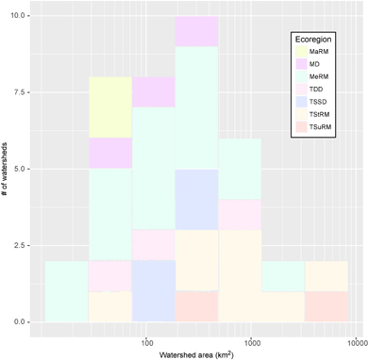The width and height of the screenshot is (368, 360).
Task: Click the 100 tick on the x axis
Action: [x=146, y=335]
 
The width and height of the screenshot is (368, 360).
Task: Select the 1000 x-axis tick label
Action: [x=251, y=335]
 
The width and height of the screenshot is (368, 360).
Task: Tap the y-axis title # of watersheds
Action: [x=7, y=170]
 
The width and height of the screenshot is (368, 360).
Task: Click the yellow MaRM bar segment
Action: [x=109, y=107]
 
